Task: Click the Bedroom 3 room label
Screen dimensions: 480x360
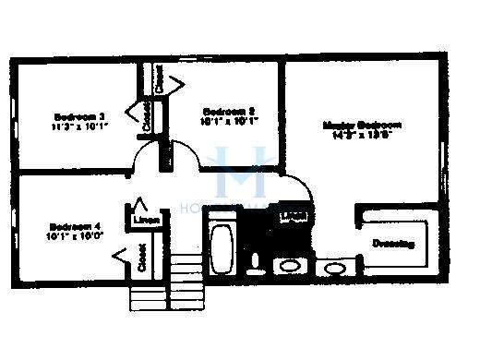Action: [79, 116]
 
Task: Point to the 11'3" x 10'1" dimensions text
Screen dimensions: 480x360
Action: [79, 126]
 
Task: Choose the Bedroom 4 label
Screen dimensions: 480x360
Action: [74, 225]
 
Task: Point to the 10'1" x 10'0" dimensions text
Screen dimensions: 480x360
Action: [74, 236]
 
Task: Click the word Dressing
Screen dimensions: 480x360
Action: [394, 244]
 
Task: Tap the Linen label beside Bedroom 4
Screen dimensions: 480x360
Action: [144, 221]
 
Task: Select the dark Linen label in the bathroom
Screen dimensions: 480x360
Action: [293, 217]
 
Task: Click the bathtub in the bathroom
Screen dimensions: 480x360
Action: [222, 245]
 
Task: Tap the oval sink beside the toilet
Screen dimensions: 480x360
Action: [289, 267]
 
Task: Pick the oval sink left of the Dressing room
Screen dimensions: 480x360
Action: [332, 268]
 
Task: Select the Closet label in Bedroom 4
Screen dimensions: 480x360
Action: [143, 258]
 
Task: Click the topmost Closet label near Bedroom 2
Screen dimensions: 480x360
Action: [159, 80]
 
